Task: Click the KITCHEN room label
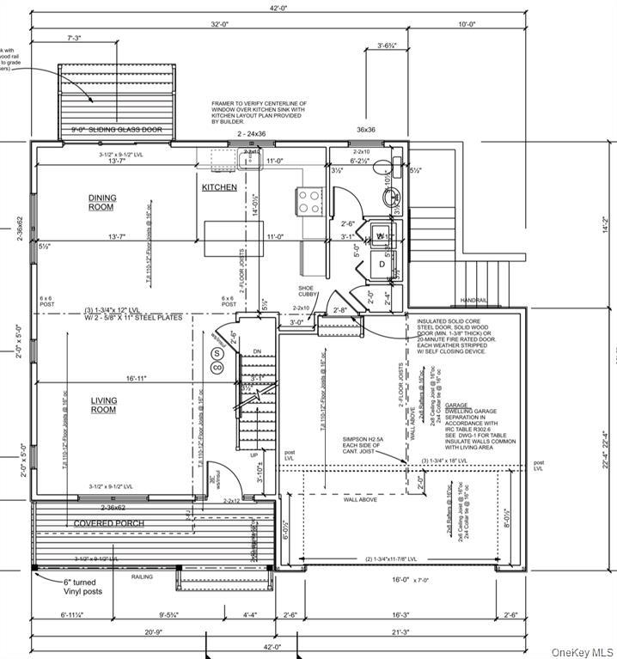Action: pos(219,186)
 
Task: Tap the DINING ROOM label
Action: pos(101,202)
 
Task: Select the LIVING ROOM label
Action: pos(103,405)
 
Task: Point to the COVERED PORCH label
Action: pos(108,523)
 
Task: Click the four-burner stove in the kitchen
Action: pos(308,201)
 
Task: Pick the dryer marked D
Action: pos(382,264)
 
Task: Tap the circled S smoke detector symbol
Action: pos(217,353)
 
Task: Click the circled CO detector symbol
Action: pos(217,367)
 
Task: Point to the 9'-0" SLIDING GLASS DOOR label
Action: pos(116,130)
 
